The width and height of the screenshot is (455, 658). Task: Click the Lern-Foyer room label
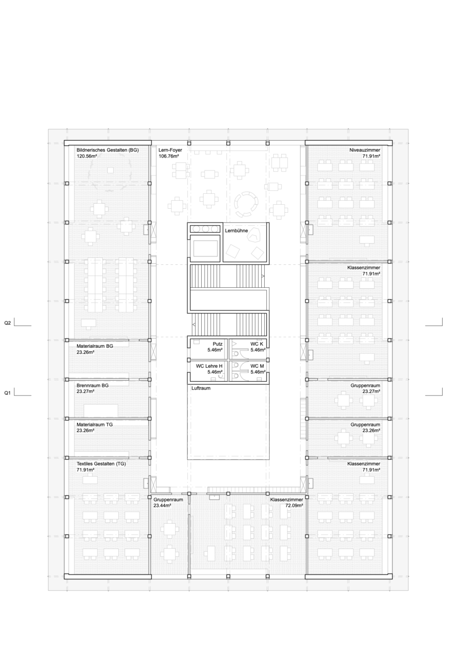[170, 150]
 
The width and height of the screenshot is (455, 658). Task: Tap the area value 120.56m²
[87, 156]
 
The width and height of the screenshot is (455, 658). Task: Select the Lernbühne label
[236, 231]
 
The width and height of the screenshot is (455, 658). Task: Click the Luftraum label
[201, 388]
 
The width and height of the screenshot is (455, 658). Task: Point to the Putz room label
[218, 344]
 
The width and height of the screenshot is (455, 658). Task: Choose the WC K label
[257, 344]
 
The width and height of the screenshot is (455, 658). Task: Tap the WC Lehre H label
[209, 366]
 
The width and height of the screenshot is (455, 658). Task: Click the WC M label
[257, 366]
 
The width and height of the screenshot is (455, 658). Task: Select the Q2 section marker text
[7, 323]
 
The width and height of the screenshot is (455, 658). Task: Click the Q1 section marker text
[7, 393]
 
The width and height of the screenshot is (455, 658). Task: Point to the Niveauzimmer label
[365, 150]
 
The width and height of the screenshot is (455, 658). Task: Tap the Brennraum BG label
[92, 385]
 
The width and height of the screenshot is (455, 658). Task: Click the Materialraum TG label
[94, 424]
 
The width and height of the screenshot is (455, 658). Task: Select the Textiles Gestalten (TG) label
[101, 464]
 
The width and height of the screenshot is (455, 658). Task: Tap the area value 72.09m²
[294, 505]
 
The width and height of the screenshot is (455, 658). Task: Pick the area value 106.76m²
[169, 156]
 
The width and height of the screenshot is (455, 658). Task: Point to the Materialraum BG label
[95, 346]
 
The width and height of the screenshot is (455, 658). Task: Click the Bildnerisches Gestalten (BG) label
[107, 150]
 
